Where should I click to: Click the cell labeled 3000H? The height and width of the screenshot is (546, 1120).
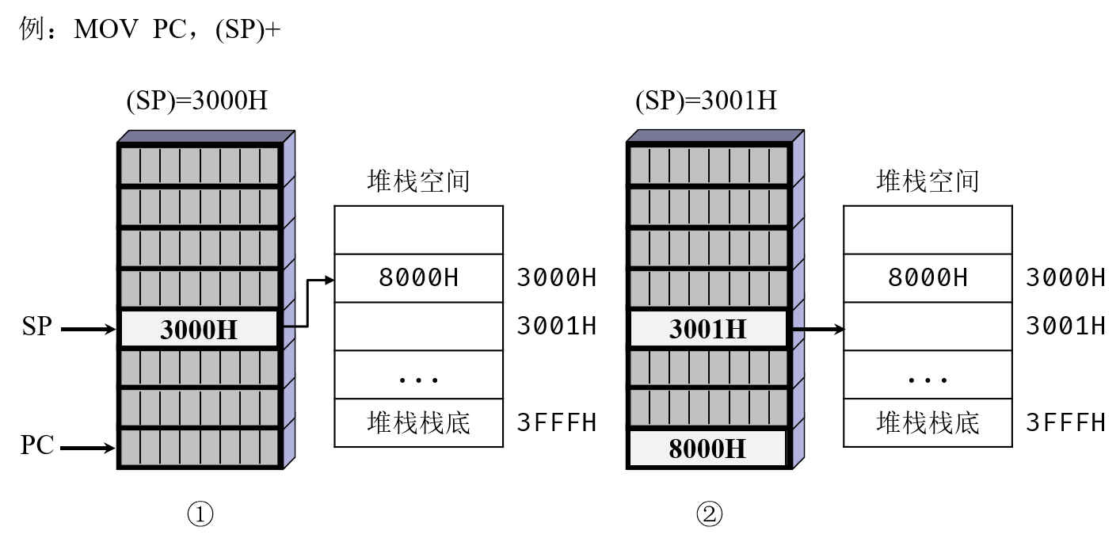[199, 329]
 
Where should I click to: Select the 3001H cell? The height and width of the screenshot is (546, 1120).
[708, 329]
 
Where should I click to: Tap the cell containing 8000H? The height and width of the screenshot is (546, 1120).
[707, 449]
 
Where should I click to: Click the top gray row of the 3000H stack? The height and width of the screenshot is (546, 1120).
[199, 166]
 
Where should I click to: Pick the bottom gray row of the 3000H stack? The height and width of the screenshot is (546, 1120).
[199, 447]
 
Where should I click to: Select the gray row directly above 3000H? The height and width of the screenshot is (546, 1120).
[199, 288]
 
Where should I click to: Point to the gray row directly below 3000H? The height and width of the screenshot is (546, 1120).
[199, 368]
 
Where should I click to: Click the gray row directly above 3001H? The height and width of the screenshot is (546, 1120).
[708, 288]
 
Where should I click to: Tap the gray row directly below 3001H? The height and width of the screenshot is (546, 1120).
[708, 368]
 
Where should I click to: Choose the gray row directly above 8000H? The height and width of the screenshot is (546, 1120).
[708, 407]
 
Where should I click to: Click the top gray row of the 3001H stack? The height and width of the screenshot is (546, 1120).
[708, 166]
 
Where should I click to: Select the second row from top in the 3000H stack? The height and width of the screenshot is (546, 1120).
[199, 207]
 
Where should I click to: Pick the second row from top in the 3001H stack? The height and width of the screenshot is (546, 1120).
[708, 207]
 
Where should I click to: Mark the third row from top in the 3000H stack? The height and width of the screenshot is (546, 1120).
[199, 248]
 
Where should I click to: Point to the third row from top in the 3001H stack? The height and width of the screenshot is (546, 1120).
[708, 248]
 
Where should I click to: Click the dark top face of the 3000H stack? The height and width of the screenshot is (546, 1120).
[206, 136]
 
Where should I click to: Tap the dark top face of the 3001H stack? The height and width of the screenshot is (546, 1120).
[715, 136]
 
